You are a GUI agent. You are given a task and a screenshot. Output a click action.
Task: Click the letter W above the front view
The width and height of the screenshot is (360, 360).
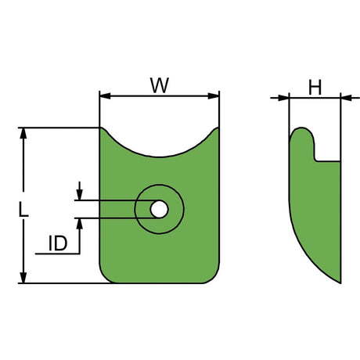[x=160, y=85]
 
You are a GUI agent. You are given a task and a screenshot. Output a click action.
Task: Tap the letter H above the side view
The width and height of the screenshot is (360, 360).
[x=315, y=88]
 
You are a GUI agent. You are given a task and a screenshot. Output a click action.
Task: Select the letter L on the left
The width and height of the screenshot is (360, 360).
[x=24, y=210]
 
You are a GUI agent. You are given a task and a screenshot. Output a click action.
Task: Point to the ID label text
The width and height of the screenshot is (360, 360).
[x=57, y=243]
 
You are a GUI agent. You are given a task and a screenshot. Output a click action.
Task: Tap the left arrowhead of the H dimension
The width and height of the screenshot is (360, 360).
[x=284, y=98]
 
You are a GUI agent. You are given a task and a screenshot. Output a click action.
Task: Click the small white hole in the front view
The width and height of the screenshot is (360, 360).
[x=158, y=209]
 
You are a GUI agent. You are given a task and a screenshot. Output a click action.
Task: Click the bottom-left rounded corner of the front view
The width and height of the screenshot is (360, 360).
[x=106, y=277]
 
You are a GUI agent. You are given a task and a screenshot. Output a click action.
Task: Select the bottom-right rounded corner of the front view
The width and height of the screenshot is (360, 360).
[x=213, y=277]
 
